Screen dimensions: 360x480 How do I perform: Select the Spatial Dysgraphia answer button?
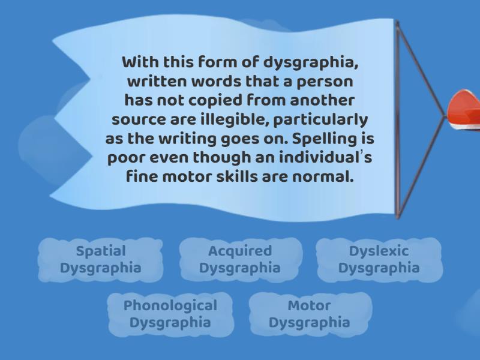tap(100, 259)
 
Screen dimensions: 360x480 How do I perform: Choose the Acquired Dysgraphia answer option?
tap(239, 259)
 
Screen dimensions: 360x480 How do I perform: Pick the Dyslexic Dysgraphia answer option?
tap(379, 259)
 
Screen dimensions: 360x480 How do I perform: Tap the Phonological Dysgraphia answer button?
tap(170, 314)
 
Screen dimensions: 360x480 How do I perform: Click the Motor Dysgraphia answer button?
tap(309, 314)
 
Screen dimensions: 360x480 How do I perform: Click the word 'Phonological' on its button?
tap(170, 305)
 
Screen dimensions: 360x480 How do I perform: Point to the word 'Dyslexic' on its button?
tap(379, 251)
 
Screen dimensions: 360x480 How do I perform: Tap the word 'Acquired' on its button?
tap(239, 251)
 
